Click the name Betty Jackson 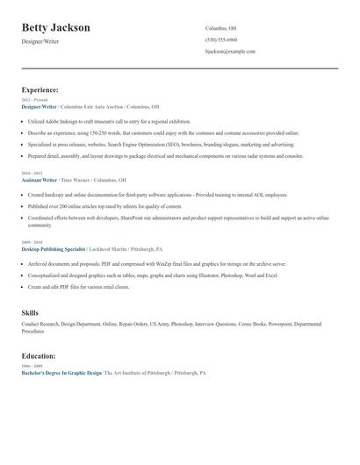[55, 28]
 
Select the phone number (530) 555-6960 [221, 39]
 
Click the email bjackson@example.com [230, 51]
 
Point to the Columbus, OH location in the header [221, 28]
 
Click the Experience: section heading [40, 89]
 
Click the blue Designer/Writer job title [39, 106]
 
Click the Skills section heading [31, 312]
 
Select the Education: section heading [39, 356]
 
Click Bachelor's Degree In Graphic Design [61, 373]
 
